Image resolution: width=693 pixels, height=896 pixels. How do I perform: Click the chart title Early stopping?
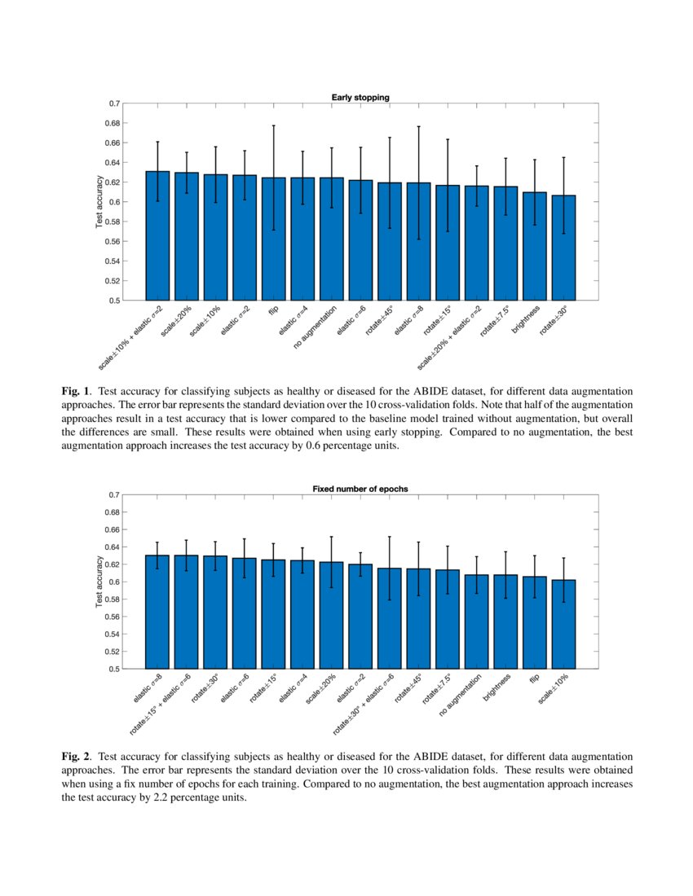click(x=360, y=97)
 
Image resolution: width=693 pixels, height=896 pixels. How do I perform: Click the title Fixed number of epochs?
click(x=360, y=489)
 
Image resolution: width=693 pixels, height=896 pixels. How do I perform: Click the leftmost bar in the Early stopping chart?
click(x=157, y=235)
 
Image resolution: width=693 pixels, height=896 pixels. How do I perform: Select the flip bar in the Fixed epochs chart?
click(x=534, y=622)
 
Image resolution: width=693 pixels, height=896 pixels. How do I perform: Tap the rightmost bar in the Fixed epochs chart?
click(x=563, y=624)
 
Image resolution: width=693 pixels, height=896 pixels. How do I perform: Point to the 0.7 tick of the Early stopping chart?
click(x=113, y=103)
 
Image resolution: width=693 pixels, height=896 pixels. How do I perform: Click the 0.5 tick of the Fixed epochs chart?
click(x=113, y=670)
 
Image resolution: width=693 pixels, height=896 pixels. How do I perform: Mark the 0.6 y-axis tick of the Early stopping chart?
click(x=113, y=202)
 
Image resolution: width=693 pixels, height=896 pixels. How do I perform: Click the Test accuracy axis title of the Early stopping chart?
click(x=99, y=202)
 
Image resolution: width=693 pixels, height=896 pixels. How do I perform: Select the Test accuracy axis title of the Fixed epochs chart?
click(x=99, y=582)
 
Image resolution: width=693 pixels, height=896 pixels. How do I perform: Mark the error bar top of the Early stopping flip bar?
click(x=273, y=125)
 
